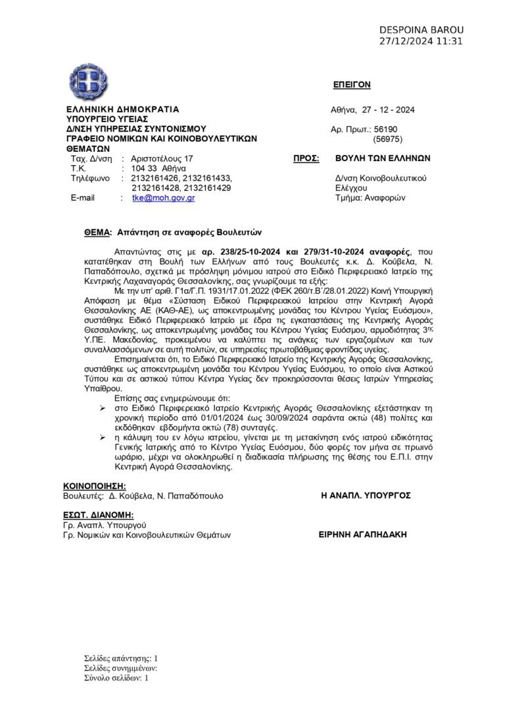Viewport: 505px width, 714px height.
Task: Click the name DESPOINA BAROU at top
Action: pos(421,30)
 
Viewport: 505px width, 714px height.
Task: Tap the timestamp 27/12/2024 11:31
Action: pos(421,41)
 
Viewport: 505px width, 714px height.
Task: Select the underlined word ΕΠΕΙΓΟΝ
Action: pos(352,85)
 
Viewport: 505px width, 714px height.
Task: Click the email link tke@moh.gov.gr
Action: pos(163,197)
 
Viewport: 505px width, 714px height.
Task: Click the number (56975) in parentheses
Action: pos(387,139)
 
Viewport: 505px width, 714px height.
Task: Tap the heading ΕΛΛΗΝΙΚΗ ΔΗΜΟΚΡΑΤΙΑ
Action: pos(122,109)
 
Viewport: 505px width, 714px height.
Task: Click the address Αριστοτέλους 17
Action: pos(162,159)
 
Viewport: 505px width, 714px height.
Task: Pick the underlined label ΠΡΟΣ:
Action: pos(306,158)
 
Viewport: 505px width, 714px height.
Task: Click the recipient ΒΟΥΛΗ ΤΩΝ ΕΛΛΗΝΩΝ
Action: pos(382,158)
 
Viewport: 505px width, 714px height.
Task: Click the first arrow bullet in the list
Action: pos(101,408)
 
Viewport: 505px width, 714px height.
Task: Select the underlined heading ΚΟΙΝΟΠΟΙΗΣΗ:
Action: pos(94,485)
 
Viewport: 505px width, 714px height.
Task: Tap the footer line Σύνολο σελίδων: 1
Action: pos(116,678)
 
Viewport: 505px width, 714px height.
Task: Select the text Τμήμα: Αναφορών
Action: pos(370,197)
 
